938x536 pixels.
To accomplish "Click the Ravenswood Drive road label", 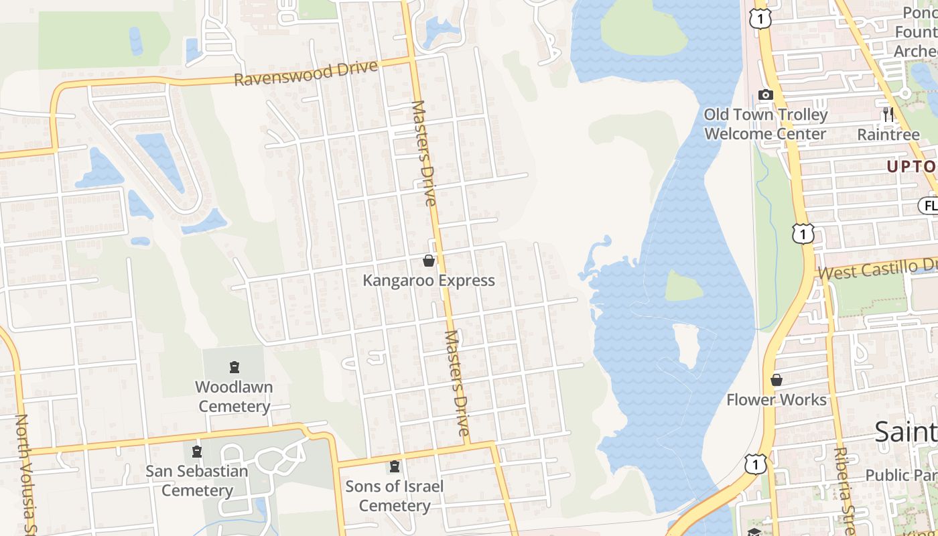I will click(306, 74).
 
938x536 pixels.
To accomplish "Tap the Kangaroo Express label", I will click(429, 280).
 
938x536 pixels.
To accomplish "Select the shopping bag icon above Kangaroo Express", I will click(429, 260).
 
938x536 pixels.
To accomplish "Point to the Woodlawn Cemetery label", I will click(234, 397).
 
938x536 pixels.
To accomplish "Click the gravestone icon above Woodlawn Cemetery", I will click(234, 367).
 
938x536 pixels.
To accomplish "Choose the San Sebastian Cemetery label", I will click(197, 480).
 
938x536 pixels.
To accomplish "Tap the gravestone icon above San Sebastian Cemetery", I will click(197, 452).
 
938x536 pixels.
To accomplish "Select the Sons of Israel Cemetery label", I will click(395, 496).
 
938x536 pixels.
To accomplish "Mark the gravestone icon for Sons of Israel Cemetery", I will click(395, 466).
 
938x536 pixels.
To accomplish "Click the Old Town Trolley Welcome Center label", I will click(766, 124).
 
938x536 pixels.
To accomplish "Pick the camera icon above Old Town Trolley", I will click(765, 94).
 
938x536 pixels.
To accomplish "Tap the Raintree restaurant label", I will click(888, 135).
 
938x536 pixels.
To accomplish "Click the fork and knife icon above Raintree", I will click(888, 114).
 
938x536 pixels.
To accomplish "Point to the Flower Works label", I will click(777, 400).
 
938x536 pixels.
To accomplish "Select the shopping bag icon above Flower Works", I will click(777, 380).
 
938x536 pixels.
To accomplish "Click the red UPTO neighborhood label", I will click(911, 167).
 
